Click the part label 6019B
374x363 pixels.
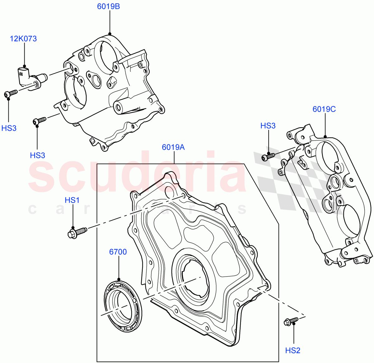coord(108,6)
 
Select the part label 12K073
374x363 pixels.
coord(23,39)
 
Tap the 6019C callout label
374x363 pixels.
coord(324,109)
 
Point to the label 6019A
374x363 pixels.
coord(173,147)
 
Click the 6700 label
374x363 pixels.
coord(118,252)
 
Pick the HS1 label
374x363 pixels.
coord(72,200)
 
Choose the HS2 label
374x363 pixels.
coord(293,351)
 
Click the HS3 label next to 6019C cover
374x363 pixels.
coord(268,126)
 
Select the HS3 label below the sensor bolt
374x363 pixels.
coord(9,128)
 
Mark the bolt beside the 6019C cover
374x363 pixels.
coord(268,156)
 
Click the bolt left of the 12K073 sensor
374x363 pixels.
coord(10,94)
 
